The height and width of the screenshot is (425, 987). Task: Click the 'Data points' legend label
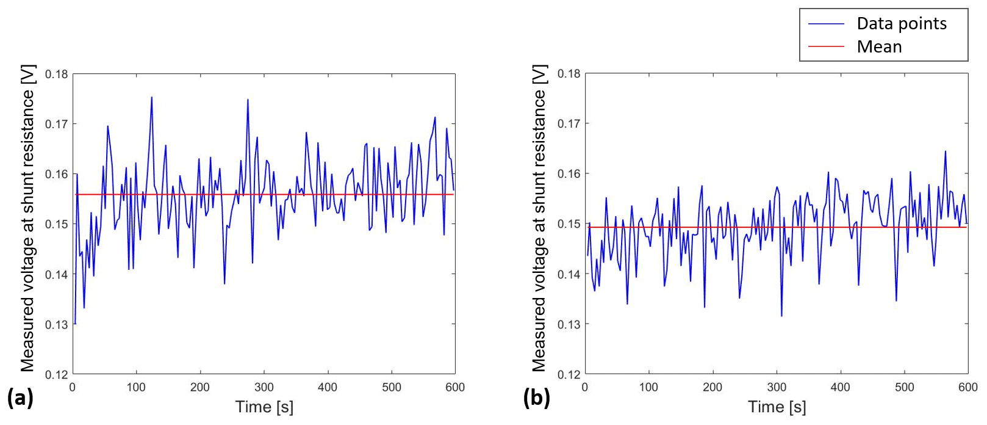[x=901, y=24]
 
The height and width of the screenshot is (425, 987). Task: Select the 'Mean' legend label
[x=879, y=47]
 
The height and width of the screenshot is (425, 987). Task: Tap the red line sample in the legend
[x=826, y=46]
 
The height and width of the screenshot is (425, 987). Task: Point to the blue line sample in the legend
[x=826, y=24]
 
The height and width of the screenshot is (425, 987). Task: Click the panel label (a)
[x=20, y=398]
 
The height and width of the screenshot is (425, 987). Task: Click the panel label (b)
[x=537, y=398]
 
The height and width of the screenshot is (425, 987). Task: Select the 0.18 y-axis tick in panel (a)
[x=57, y=74]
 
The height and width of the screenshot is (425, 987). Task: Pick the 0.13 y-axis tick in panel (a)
[x=57, y=324]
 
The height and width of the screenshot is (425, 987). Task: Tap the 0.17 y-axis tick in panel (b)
[x=569, y=124]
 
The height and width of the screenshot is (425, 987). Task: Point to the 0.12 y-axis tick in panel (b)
[x=569, y=374]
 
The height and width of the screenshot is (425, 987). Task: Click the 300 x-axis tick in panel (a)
[x=264, y=387]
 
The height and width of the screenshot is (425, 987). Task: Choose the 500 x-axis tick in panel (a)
[x=392, y=387]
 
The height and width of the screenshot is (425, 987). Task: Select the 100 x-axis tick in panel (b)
[x=648, y=387]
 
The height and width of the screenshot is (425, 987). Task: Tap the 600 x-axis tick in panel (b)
[x=967, y=387]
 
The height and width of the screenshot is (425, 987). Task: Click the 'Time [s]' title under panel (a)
[x=264, y=407]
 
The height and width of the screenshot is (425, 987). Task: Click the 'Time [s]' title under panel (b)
[x=777, y=407]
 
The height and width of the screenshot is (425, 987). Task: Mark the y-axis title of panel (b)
[x=539, y=218]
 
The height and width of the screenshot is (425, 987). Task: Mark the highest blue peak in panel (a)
[x=152, y=97]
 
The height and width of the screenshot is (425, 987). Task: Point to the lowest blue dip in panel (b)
[x=781, y=316]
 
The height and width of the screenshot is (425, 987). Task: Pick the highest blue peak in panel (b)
[x=946, y=151]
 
